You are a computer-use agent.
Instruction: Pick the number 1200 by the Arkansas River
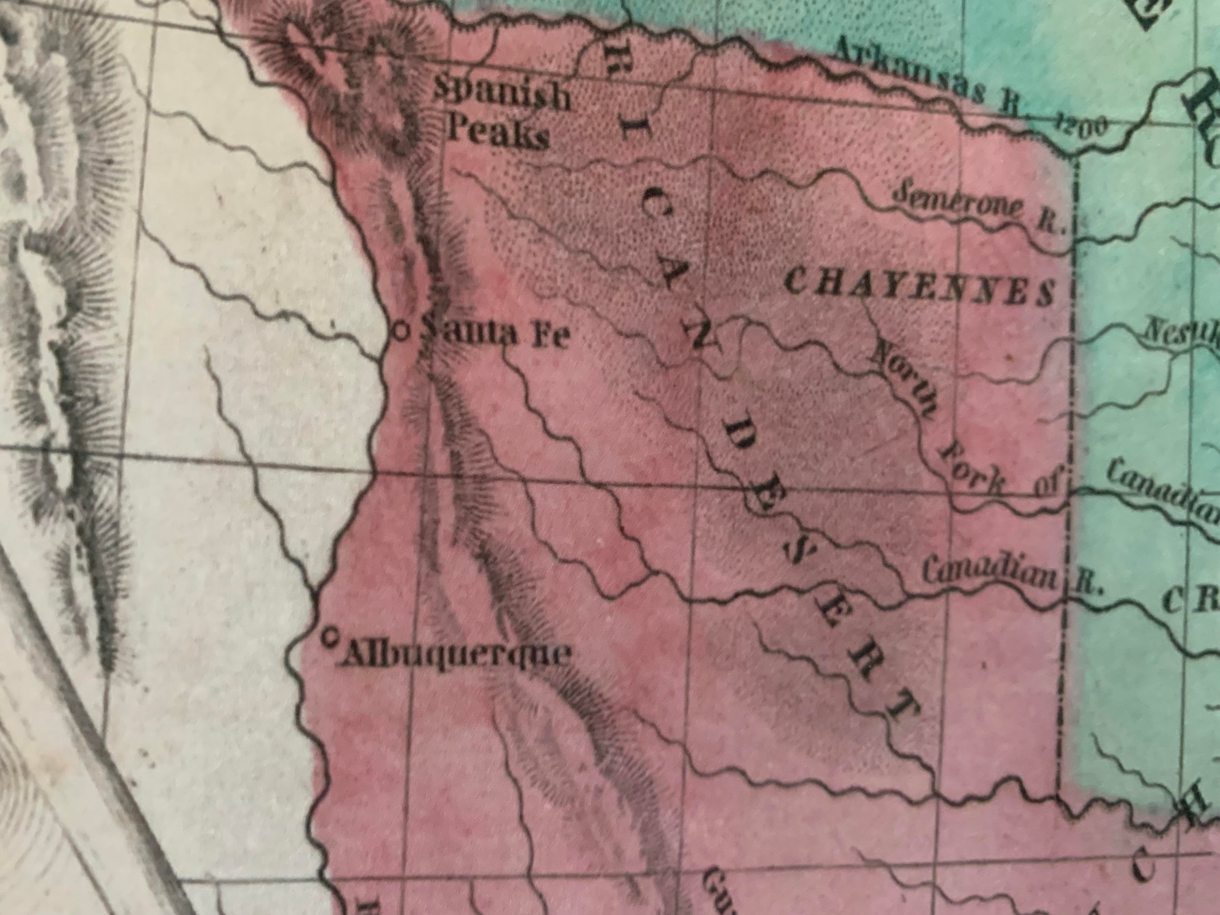click(1073, 128)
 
